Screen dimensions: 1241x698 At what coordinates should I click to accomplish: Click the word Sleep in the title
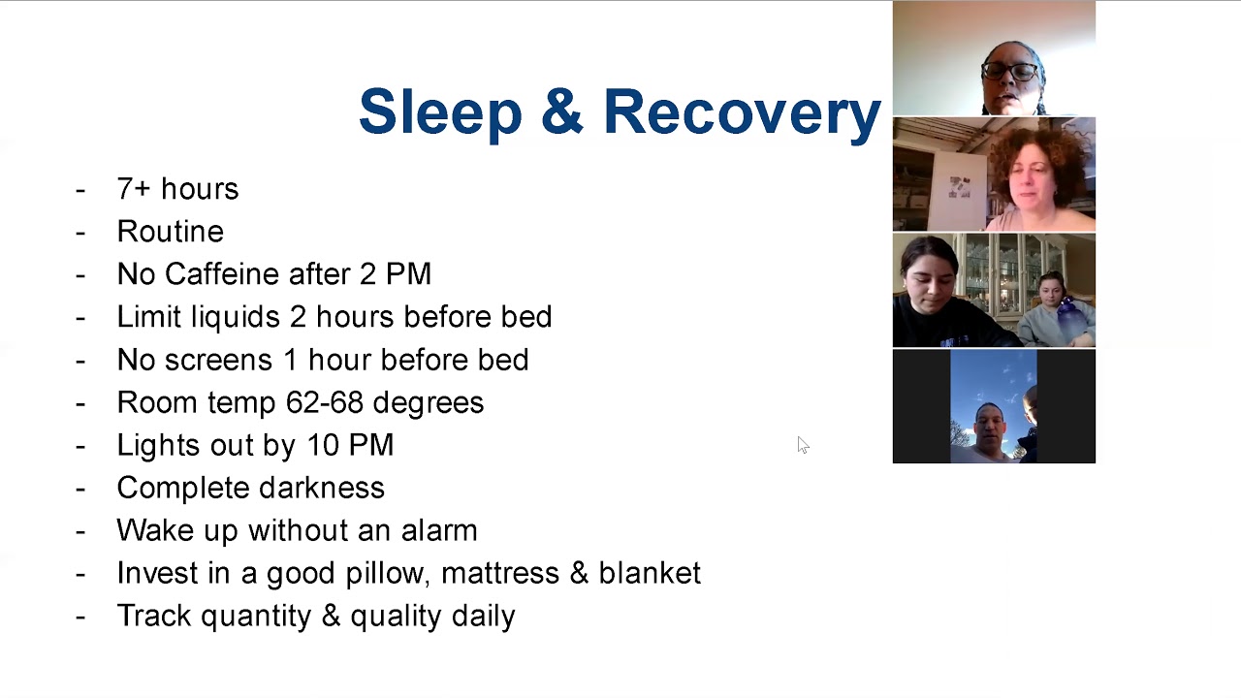click(x=440, y=112)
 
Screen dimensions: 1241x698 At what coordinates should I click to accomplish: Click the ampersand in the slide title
click(x=561, y=111)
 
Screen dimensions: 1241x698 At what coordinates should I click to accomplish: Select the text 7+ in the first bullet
click(x=134, y=189)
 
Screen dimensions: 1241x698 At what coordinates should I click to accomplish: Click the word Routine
click(x=170, y=231)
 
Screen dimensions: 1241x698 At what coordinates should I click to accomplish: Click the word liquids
click(x=235, y=317)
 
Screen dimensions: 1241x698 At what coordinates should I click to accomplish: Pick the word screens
click(x=219, y=360)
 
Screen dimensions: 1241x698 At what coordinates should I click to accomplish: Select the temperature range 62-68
click(x=325, y=402)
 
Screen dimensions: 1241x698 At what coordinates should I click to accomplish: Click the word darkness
click(x=321, y=488)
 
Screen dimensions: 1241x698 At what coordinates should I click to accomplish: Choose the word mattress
click(x=499, y=573)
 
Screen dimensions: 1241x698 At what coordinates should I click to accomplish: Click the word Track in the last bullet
click(x=154, y=616)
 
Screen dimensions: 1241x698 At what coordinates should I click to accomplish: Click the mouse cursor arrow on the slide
click(x=804, y=445)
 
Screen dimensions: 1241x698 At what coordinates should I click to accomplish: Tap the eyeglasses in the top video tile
click(x=1009, y=72)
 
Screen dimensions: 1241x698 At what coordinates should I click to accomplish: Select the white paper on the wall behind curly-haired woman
click(x=959, y=187)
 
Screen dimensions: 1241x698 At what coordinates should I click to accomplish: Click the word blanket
click(x=650, y=573)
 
